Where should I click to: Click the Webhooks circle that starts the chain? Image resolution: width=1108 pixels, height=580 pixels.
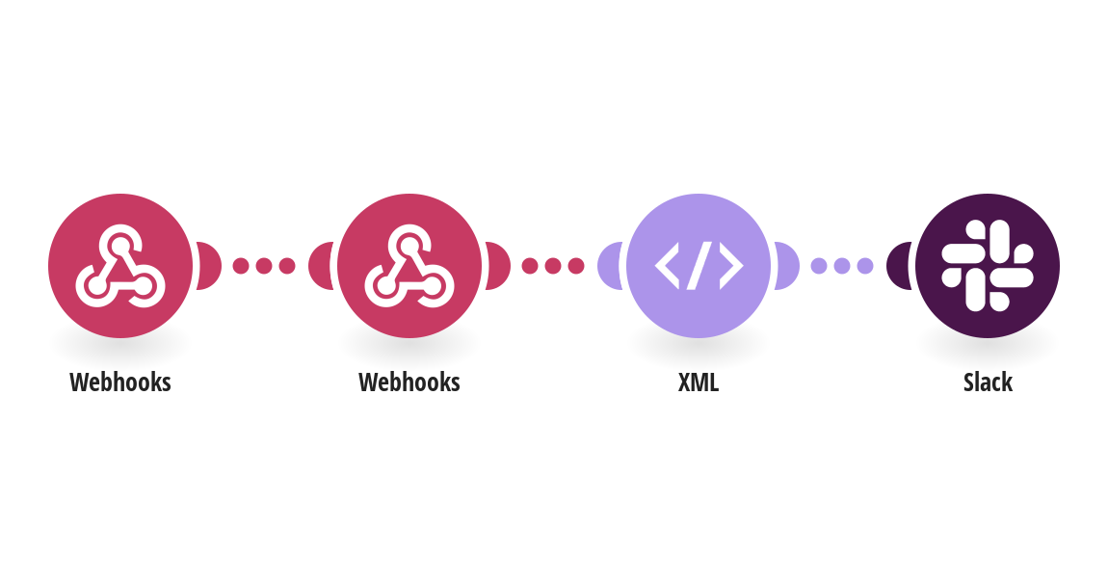click(x=120, y=266)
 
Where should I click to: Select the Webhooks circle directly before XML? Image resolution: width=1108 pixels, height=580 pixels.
click(x=409, y=266)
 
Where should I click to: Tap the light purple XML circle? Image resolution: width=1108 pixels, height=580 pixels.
click(x=699, y=266)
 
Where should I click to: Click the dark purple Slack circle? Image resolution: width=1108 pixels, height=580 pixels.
click(x=988, y=266)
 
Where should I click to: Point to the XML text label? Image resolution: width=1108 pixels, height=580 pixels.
click(x=699, y=382)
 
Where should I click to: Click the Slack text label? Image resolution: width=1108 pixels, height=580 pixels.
click(x=988, y=382)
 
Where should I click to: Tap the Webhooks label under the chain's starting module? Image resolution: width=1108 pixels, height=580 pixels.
click(x=120, y=382)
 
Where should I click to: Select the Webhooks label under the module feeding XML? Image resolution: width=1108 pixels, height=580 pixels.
click(x=409, y=382)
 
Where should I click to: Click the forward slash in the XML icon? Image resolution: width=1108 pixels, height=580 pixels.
click(x=699, y=266)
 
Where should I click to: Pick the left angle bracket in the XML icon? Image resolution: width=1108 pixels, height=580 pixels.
click(x=667, y=266)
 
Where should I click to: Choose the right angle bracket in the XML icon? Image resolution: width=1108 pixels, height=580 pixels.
click(x=731, y=266)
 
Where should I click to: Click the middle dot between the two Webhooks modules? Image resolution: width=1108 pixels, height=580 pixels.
click(x=264, y=266)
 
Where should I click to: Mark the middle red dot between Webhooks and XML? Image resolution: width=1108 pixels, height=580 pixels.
click(x=553, y=266)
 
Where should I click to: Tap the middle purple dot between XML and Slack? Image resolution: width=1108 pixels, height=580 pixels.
click(x=842, y=266)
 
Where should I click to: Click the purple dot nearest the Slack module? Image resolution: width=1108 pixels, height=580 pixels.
click(x=865, y=266)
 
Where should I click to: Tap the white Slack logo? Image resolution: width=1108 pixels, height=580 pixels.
click(x=988, y=266)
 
